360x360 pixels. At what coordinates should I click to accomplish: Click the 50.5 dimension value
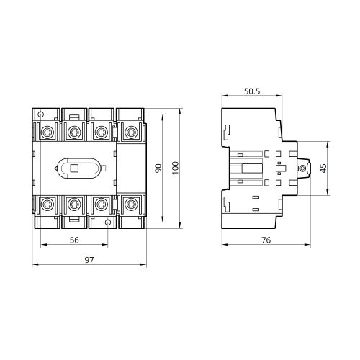click(252, 91)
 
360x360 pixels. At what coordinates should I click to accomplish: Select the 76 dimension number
click(266, 240)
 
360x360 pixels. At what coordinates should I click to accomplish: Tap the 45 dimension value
click(323, 168)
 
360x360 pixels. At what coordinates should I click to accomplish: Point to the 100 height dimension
click(176, 168)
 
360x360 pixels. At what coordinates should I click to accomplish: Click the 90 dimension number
click(158, 168)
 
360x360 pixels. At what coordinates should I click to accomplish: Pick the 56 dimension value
click(74, 240)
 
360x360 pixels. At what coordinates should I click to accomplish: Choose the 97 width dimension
click(89, 260)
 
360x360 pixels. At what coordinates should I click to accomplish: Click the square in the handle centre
click(74, 168)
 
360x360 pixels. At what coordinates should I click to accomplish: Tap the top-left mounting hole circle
click(41, 114)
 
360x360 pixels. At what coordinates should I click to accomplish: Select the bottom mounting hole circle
click(108, 222)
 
